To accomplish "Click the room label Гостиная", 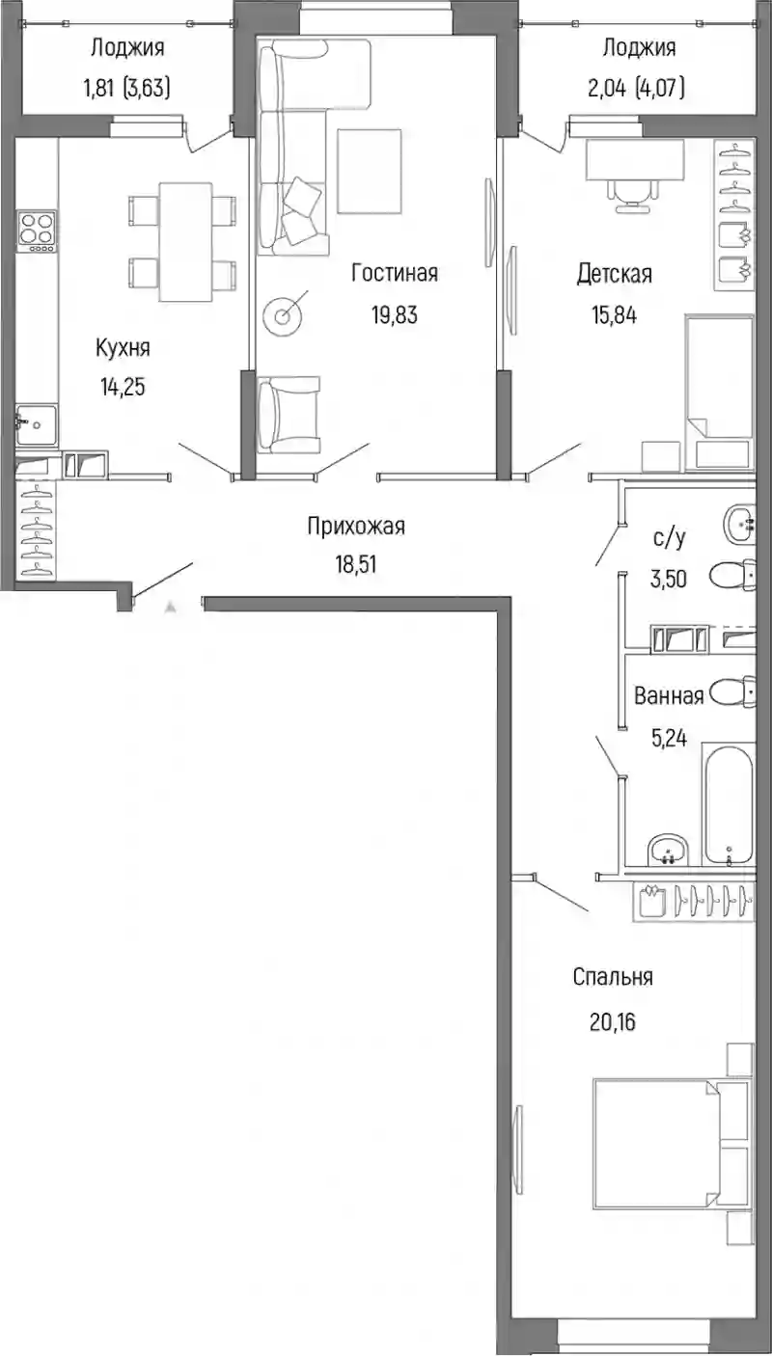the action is pyautogui.click(x=394, y=273).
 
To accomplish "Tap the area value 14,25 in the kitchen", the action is pyautogui.click(x=123, y=386).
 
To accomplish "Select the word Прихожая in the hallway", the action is pyautogui.click(x=356, y=526).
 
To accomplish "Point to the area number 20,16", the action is pyautogui.click(x=612, y=1022).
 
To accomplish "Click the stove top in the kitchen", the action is pyautogui.click(x=37, y=231).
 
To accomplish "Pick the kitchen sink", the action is pyautogui.click(x=37, y=425).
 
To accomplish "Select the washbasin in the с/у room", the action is pyautogui.click(x=739, y=525).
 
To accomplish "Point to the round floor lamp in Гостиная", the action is pyautogui.click(x=282, y=315).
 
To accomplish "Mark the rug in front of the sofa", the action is pyautogui.click(x=370, y=171).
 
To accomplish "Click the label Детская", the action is pyautogui.click(x=614, y=274).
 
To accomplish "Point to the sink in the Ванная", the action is pyautogui.click(x=669, y=850).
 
